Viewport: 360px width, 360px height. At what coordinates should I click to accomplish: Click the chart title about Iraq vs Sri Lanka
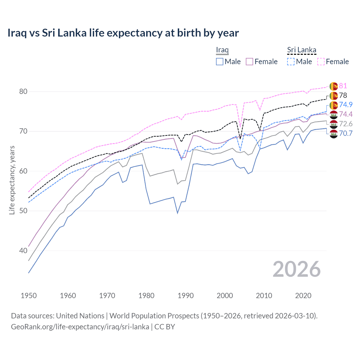click(123, 33)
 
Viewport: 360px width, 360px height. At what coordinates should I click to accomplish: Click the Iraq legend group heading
click(222, 50)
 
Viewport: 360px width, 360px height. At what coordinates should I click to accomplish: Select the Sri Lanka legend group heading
click(301, 50)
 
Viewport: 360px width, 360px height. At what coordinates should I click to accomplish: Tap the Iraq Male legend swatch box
click(220, 62)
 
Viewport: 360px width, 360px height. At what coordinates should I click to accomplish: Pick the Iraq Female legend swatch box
click(249, 62)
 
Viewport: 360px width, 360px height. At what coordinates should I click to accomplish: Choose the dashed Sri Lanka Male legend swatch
click(291, 62)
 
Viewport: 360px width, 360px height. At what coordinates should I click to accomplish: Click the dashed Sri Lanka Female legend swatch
click(321, 62)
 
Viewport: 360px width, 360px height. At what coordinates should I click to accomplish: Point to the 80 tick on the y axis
click(23, 91)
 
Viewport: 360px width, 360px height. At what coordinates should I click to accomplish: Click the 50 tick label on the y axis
click(23, 211)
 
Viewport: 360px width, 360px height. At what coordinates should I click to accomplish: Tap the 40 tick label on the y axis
click(23, 251)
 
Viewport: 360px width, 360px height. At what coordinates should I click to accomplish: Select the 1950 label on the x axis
click(29, 296)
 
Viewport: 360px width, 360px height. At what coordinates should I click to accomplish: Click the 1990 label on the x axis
click(186, 296)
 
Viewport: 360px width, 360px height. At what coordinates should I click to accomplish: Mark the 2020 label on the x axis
click(303, 296)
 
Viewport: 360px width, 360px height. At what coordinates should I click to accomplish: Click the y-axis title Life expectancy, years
click(12, 180)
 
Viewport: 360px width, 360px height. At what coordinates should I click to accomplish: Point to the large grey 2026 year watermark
click(296, 269)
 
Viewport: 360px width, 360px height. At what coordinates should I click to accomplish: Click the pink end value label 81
click(343, 86)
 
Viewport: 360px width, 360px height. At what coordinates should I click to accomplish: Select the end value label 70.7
click(346, 133)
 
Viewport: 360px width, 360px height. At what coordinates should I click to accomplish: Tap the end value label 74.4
click(346, 114)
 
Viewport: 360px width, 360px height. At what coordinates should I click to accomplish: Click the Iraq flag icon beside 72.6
click(334, 124)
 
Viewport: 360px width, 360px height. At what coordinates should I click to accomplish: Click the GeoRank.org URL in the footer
click(80, 327)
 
